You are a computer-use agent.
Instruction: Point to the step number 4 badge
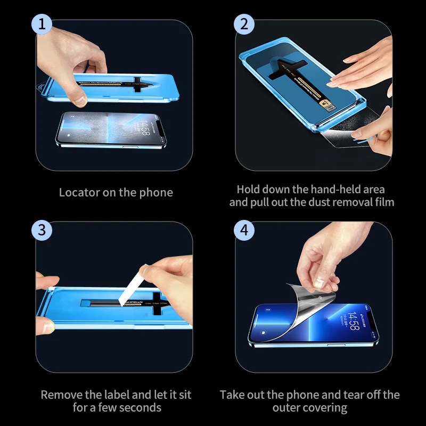pos(244,230)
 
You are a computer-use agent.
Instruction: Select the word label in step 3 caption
pos(118,395)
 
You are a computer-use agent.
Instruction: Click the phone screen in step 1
pos(106,131)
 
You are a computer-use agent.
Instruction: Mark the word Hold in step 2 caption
pos(249,189)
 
